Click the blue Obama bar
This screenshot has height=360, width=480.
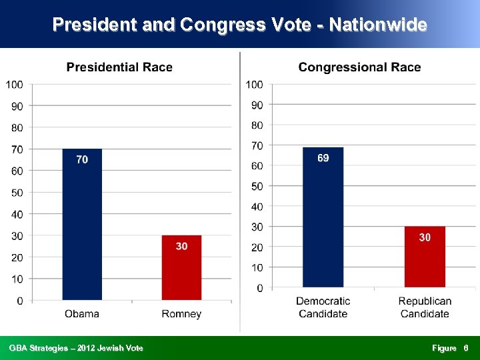(82, 227)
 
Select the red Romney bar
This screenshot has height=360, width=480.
(181, 270)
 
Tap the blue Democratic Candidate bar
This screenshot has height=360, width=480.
(323, 220)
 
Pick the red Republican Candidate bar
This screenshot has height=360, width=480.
(425, 260)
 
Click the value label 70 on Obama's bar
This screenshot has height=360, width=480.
(82, 160)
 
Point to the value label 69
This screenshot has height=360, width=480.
(323, 158)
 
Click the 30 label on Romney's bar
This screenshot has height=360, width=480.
(181, 246)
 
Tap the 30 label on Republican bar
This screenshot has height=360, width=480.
(425, 237)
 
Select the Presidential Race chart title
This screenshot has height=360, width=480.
(119, 67)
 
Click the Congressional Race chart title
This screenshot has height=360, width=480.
(359, 67)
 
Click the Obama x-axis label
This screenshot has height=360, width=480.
(82, 314)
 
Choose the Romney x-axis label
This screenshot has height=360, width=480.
(181, 314)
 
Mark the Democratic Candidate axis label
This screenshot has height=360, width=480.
(323, 307)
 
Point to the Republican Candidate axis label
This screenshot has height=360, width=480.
(425, 307)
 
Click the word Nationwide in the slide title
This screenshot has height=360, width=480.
(378, 25)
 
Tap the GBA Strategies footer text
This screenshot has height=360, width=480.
(76, 348)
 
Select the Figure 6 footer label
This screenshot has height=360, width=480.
(450, 348)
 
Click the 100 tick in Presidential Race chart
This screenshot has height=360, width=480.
(15, 84)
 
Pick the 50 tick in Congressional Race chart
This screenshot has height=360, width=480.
(257, 186)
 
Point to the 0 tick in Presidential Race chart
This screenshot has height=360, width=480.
(19, 301)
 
